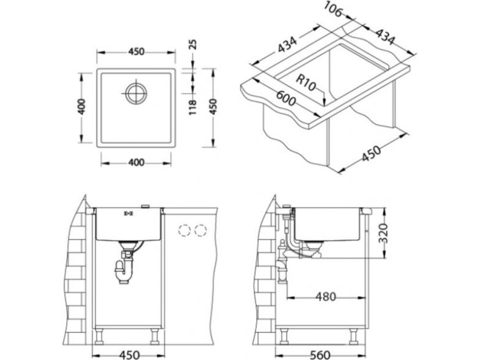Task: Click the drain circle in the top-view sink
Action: [136, 93]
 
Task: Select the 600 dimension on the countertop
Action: [286, 98]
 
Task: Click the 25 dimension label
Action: [192, 45]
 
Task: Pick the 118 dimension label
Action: [192, 107]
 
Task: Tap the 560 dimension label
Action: [320, 355]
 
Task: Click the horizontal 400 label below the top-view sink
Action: [135, 163]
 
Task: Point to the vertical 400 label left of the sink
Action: [81, 106]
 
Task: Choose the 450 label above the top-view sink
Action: [136, 52]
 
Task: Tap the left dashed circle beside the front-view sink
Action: [185, 230]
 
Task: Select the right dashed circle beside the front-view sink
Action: [200, 230]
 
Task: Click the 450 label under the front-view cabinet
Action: [128, 355]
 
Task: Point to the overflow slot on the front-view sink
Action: [127, 213]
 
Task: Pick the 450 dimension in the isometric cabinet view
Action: [371, 153]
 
